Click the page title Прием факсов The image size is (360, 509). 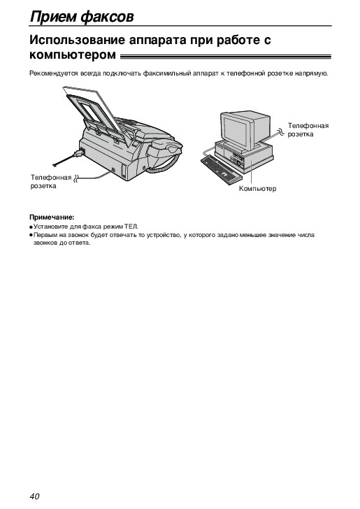82,17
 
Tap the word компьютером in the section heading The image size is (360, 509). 73,55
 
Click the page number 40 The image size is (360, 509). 34,496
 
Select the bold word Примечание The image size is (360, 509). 52,217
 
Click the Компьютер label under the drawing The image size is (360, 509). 257,189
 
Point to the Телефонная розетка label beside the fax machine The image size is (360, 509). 50,182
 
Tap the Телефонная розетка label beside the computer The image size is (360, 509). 308,130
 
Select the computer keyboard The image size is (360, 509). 222,169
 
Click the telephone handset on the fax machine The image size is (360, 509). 164,148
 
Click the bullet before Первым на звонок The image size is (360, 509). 31,235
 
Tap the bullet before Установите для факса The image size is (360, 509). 31,227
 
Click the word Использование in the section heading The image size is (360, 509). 78,40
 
